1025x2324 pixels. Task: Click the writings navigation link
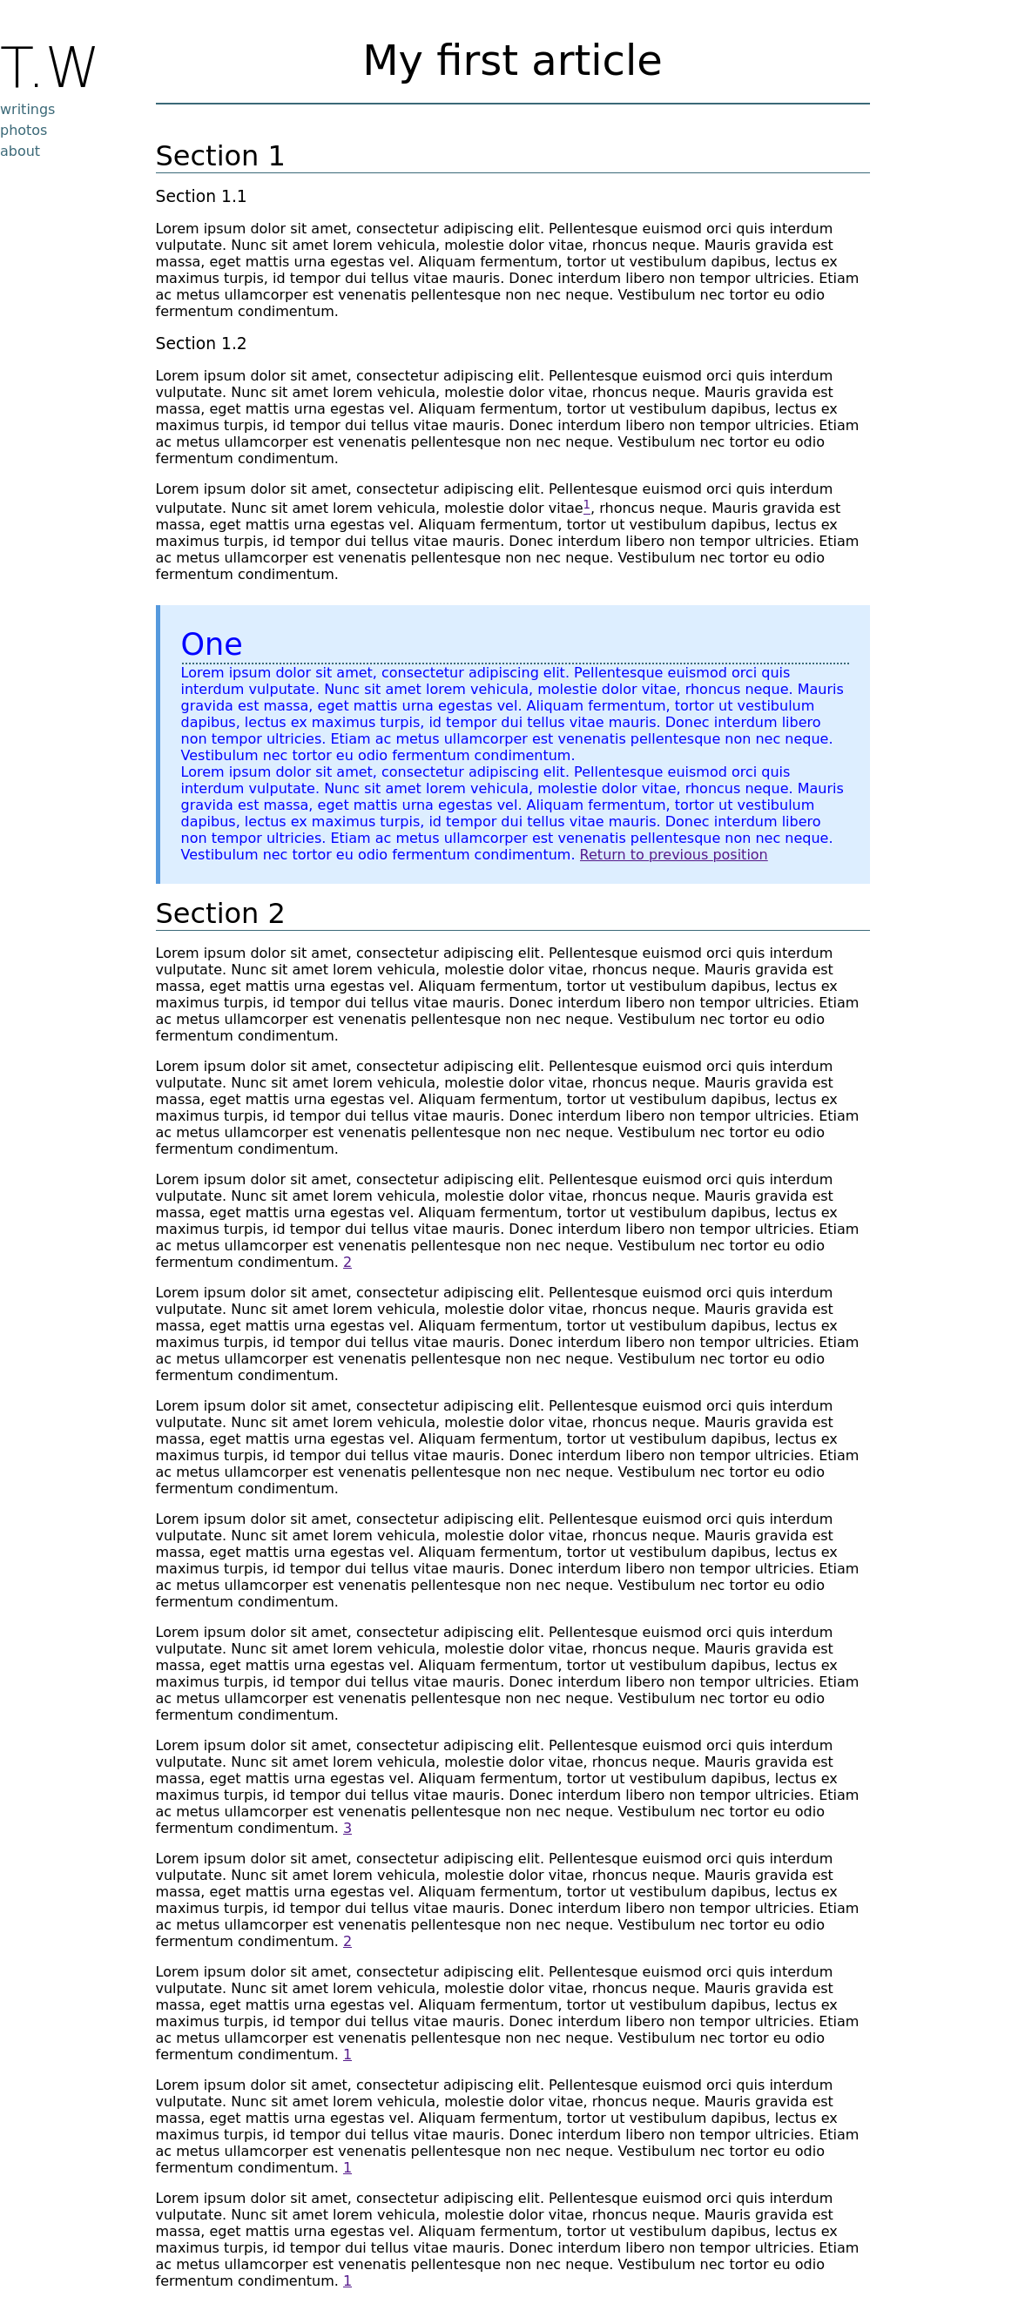tap(27, 109)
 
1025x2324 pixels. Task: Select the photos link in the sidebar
tap(24, 130)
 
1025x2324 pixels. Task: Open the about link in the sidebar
tap(20, 151)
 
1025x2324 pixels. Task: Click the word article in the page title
tap(597, 61)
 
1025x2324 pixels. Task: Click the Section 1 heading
tap(219, 156)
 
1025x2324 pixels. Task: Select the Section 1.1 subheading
tap(200, 197)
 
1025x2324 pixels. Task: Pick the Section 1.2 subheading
tap(200, 344)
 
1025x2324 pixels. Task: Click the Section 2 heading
tap(219, 914)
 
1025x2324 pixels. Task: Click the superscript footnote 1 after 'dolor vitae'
tap(586, 505)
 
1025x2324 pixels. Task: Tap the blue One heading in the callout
tap(211, 644)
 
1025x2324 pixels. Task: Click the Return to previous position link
tap(673, 854)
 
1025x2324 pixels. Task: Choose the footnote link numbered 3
tap(347, 1828)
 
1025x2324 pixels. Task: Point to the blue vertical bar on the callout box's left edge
tap(158, 744)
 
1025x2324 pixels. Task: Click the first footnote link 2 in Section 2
tap(347, 1263)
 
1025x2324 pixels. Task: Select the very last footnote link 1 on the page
tap(347, 2280)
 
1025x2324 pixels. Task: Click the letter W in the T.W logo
tap(71, 68)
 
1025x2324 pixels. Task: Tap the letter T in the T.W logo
tap(16, 68)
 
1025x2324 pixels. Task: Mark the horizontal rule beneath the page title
tap(512, 104)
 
